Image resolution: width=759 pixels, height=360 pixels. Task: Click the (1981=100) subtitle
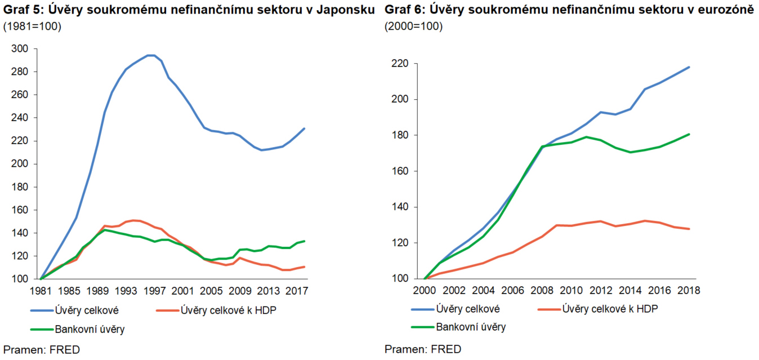tap(32, 26)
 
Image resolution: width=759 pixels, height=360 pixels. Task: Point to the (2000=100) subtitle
tap(413, 26)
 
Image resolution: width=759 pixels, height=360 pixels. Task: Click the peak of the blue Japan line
tap(150, 55)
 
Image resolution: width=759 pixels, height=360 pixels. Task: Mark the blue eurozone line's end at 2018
tap(689, 67)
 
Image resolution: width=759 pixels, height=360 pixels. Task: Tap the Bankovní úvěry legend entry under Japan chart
tap(90, 329)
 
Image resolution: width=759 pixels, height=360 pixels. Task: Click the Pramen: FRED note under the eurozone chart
tap(423, 349)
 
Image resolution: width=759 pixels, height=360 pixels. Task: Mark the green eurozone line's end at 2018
tap(689, 134)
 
